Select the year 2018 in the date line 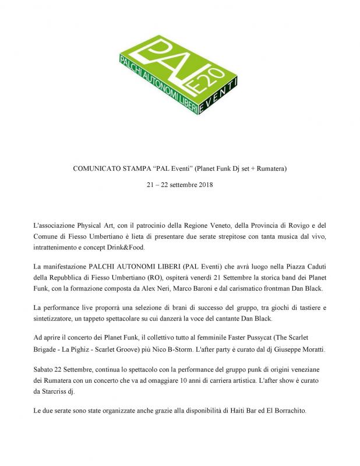click(x=204, y=185)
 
